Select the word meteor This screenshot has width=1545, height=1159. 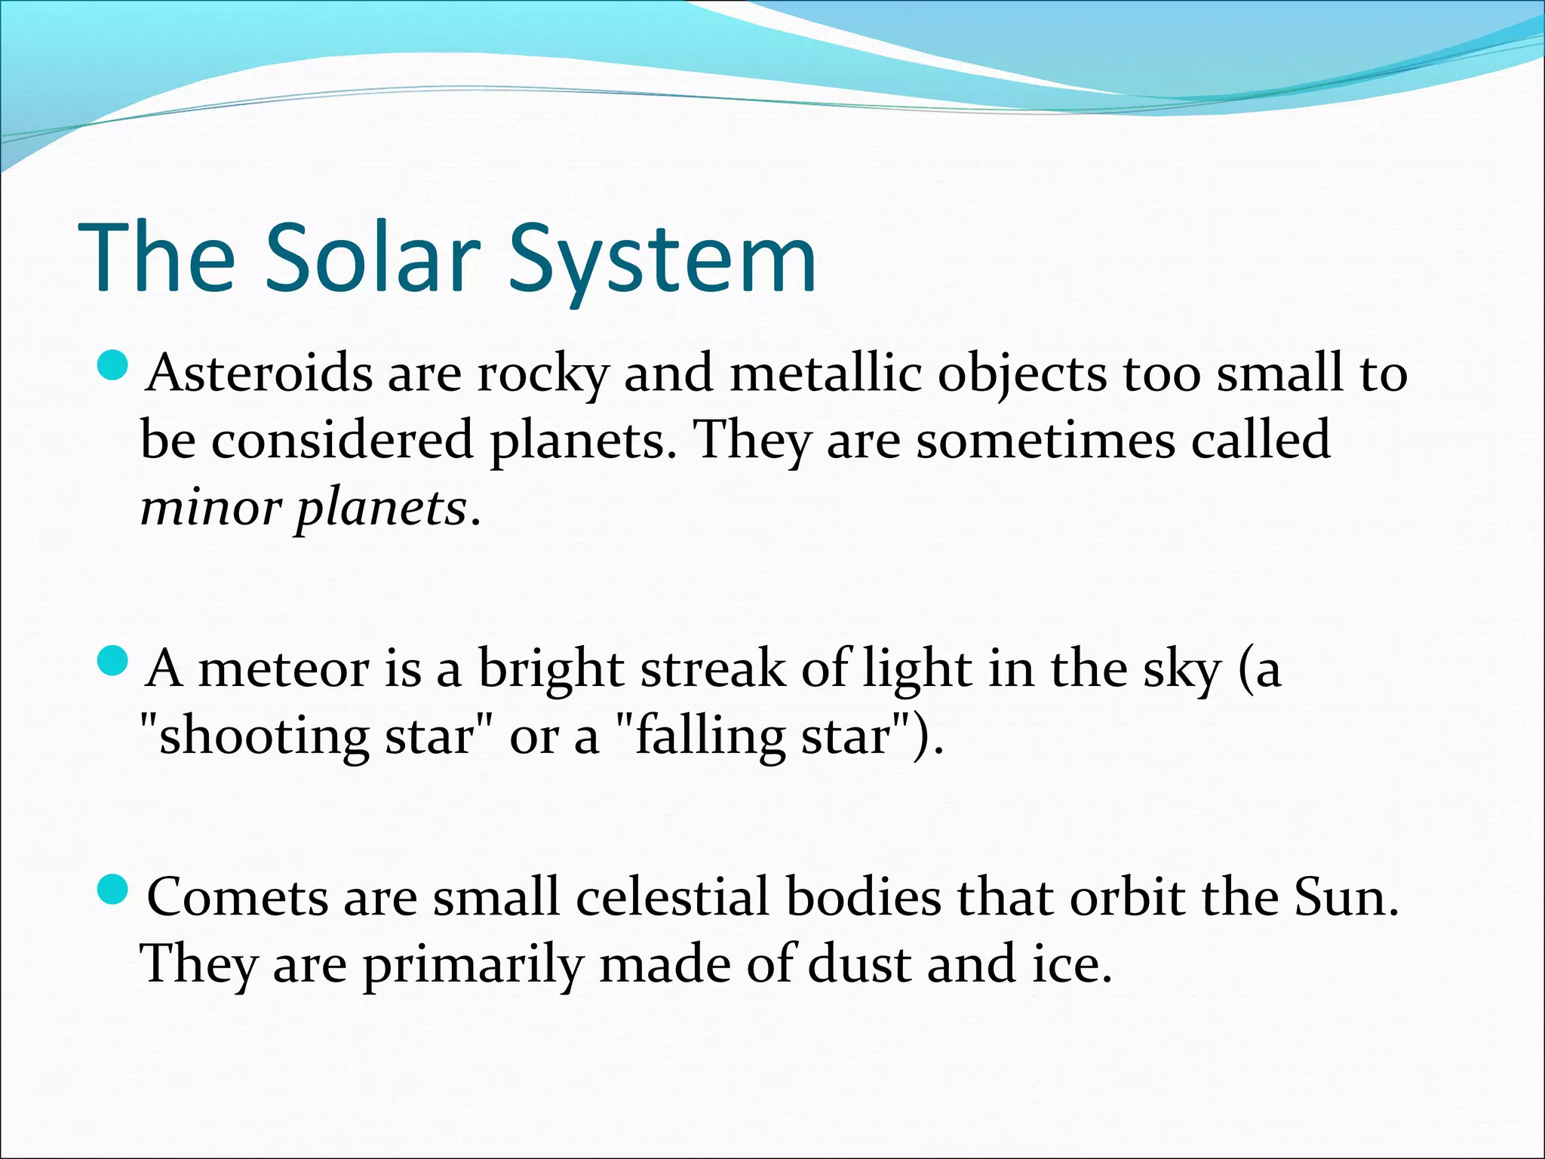pos(283,669)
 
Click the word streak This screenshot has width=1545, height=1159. pos(712,669)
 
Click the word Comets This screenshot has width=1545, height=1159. pos(237,898)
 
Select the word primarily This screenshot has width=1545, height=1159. pos(473,966)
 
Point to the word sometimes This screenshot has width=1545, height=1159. pos(1046,441)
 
